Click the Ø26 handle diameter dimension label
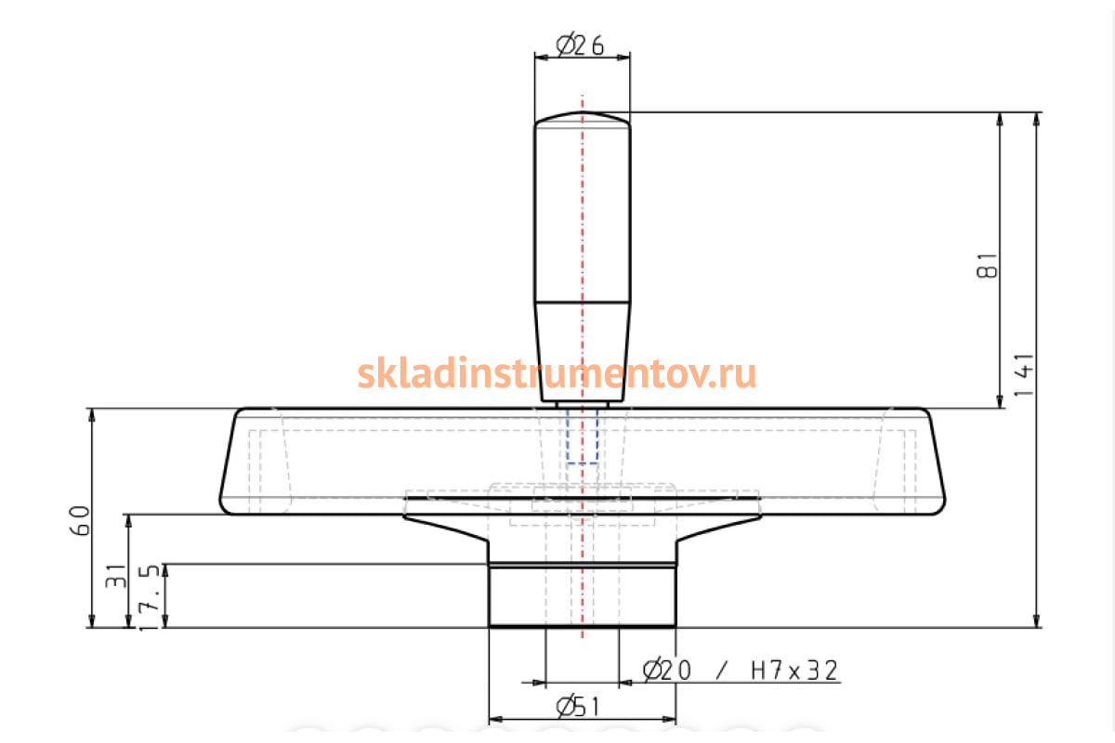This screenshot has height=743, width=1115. pos(580,45)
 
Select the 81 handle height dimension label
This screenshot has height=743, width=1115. pos(988,266)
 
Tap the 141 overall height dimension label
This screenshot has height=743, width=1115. pos(1024,374)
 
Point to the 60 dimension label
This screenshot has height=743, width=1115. pos(80,520)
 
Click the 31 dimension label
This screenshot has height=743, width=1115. pos(116,576)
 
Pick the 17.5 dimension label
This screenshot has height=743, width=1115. pos(150,597)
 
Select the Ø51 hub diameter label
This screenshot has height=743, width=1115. pos(578,707)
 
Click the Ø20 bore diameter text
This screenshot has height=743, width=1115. pos(667,670)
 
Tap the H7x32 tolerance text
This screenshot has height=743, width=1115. pos(794,671)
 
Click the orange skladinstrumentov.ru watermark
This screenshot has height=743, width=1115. pos(557,373)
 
